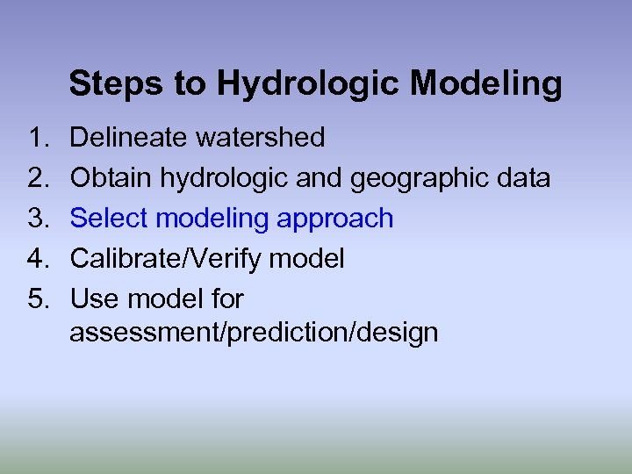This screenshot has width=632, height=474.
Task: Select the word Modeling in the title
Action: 485,84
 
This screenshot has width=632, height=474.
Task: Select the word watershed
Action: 260,138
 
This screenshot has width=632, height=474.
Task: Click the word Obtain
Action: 110,178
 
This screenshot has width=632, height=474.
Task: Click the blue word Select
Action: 110,219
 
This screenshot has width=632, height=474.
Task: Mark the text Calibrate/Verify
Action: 166,259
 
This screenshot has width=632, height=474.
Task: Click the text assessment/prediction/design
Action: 254,334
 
